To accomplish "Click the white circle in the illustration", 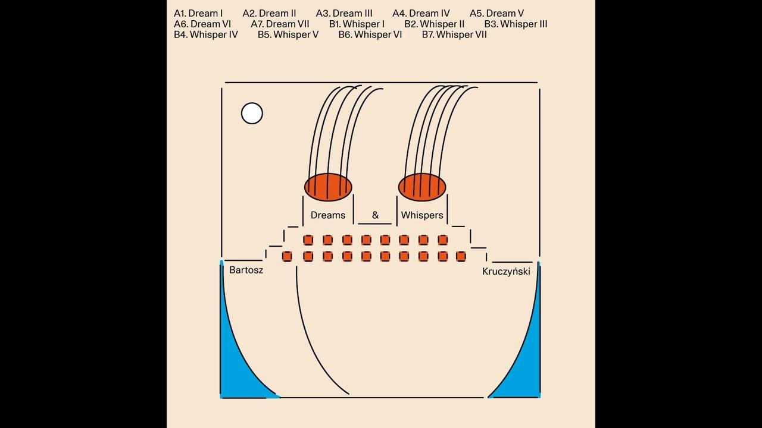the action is point(252,113).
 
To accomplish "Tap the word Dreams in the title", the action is point(328,215).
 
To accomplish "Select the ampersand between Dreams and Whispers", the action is point(375,215).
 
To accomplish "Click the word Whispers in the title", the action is point(422,215).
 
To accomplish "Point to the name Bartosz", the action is point(246,270).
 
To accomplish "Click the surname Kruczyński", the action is point(506,271).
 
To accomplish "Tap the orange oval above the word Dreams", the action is point(328,187).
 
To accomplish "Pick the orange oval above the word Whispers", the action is point(422,187).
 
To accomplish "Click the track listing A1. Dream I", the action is point(198,13).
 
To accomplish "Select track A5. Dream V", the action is point(496,13).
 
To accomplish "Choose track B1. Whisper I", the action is point(357,24).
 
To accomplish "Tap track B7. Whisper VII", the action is point(454,34).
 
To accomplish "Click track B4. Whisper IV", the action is point(206,34).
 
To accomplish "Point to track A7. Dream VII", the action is point(280,24).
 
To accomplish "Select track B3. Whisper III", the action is point(516,24).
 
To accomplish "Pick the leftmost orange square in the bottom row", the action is point(287,256).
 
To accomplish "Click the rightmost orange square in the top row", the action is point(442,240).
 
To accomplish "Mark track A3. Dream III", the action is point(344,13).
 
